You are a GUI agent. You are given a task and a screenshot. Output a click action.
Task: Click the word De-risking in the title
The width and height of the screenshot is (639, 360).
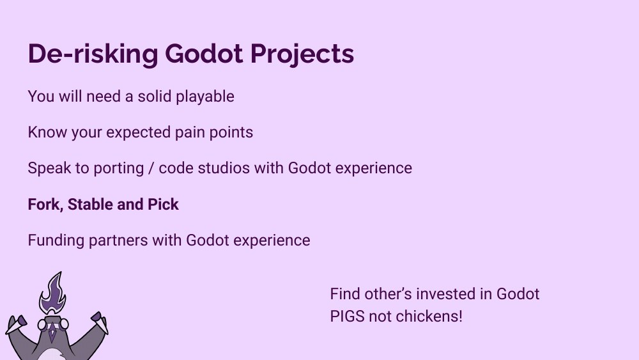(93, 54)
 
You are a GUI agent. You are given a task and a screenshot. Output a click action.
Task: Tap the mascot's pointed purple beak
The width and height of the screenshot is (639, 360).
(54, 333)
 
